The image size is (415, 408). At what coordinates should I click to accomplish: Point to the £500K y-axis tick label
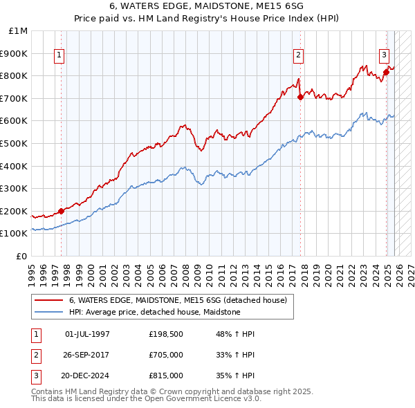(x=15, y=144)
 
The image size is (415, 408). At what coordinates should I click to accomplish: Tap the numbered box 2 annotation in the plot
(x=298, y=56)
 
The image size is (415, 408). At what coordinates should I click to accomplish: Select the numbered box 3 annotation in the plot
(x=384, y=56)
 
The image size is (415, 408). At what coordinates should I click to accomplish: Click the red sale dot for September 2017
(x=300, y=98)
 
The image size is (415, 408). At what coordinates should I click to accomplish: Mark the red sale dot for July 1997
(x=61, y=211)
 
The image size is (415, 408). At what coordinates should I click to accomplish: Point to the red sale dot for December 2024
(x=386, y=73)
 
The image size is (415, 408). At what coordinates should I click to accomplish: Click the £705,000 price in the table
(x=166, y=355)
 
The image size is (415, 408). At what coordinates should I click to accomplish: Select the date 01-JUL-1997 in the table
(x=87, y=334)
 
